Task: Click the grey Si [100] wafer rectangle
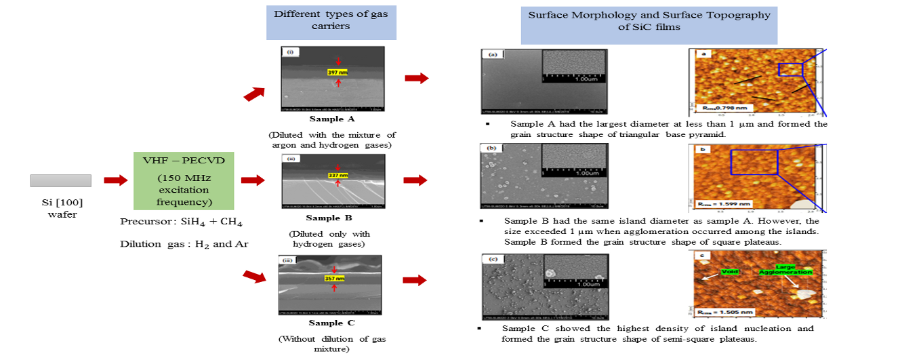coord(61,180)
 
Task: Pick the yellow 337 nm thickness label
coord(336,174)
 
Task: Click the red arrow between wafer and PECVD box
coord(115,180)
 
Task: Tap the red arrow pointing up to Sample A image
coord(254,93)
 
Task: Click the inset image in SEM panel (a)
coord(572,66)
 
